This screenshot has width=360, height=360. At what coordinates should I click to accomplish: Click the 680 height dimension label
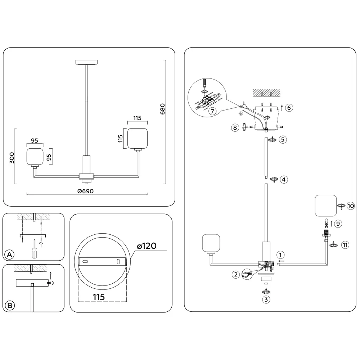(x=162, y=109)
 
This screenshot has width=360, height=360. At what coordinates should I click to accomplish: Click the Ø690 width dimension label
(x=85, y=191)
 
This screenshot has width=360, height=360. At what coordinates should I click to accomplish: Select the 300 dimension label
(x=12, y=158)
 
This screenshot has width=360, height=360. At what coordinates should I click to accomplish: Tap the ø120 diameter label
(x=147, y=246)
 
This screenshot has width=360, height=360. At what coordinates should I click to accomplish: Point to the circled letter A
(x=10, y=255)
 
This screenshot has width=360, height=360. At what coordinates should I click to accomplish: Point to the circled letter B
(x=10, y=305)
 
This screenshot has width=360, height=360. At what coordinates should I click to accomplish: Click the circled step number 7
(x=212, y=111)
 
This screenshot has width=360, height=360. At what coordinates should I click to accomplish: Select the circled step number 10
(x=351, y=206)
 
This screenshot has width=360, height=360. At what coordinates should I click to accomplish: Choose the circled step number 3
(x=266, y=300)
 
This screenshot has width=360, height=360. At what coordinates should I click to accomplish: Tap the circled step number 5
(x=283, y=139)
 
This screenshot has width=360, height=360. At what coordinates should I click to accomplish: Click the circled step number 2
(x=235, y=274)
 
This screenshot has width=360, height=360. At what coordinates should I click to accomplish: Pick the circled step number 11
(x=345, y=245)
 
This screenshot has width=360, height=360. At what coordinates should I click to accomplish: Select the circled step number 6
(x=289, y=107)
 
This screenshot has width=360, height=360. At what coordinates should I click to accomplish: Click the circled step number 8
(x=235, y=127)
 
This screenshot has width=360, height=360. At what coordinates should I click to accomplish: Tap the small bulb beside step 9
(x=326, y=222)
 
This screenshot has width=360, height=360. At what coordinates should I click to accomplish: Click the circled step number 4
(x=284, y=180)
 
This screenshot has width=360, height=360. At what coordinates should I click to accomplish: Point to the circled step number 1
(x=280, y=255)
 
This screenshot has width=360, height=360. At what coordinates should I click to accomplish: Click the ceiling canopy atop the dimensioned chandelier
(x=86, y=62)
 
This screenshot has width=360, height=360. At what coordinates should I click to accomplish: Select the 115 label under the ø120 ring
(x=99, y=297)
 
